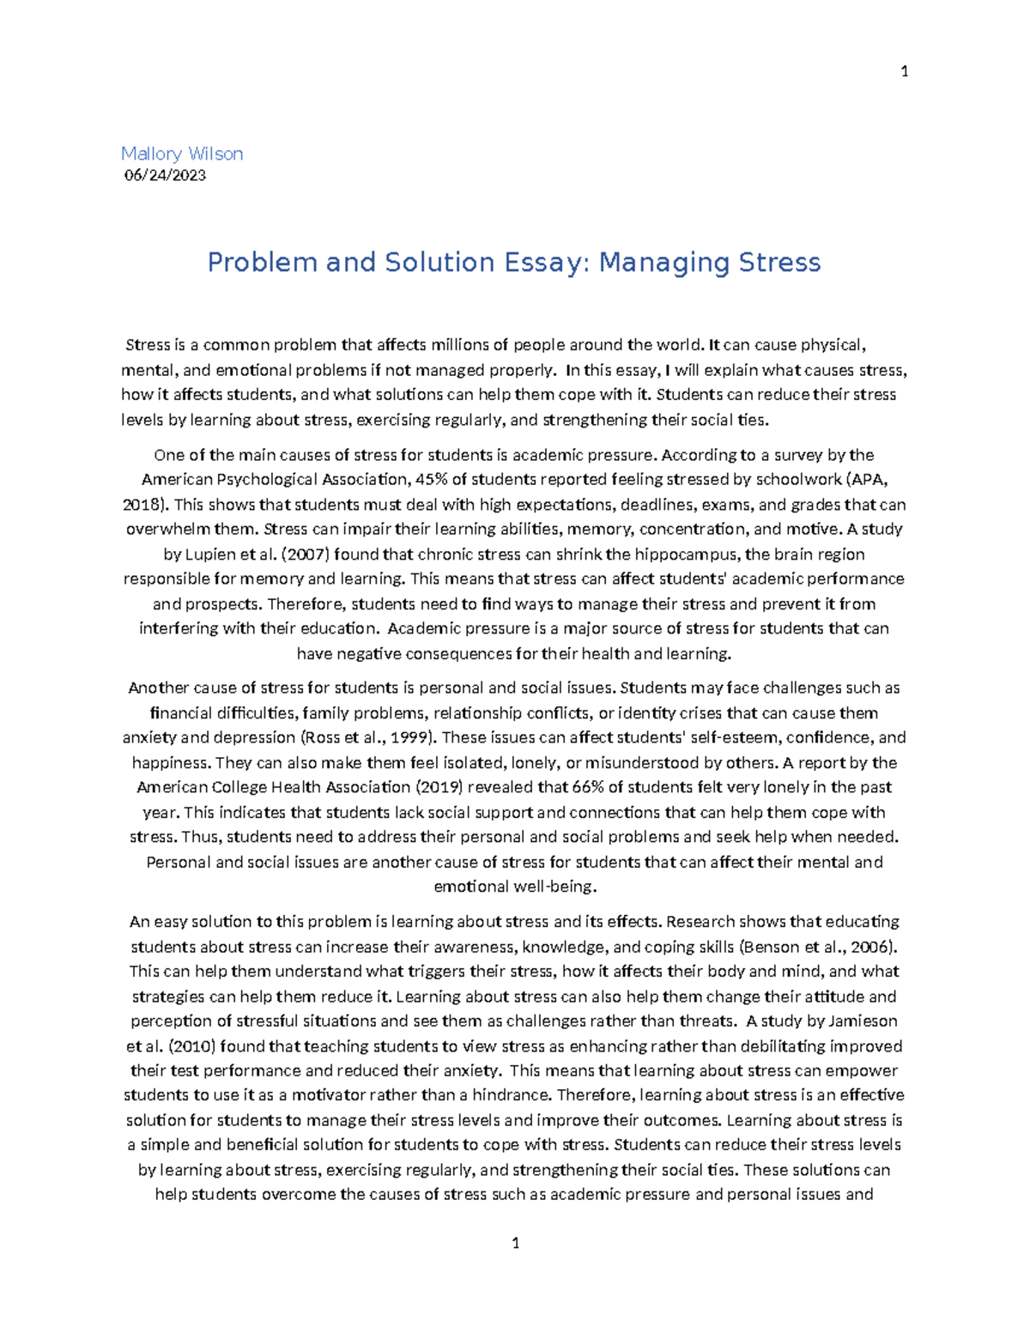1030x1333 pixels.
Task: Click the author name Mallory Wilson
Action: pyautogui.click(x=182, y=154)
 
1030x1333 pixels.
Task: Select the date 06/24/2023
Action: pyautogui.click(x=165, y=175)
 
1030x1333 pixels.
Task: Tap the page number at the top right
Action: pyautogui.click(x=904, y=71)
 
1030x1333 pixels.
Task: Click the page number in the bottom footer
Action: pyautogui.click(x=515, y=1243)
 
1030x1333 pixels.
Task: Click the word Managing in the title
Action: pyautogui.click(x=652, y=262)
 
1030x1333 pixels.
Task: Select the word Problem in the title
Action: pyautogui.click(x=262, y=262)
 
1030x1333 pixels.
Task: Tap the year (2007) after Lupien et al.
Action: pyautogui.click(x=305, y=554)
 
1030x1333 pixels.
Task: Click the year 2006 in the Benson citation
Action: pyautogui.click(x=873, y=948)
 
